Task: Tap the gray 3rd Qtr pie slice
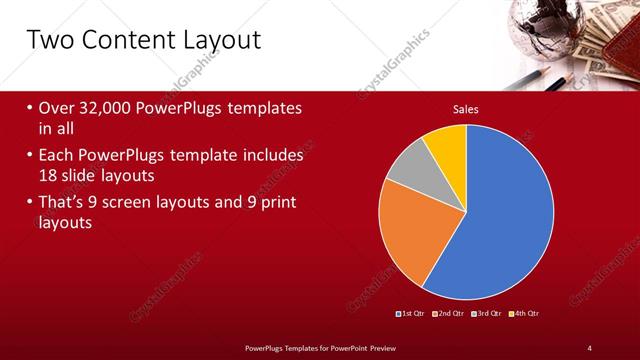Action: [x=409, y=173]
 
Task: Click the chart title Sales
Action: [x=465, y=108]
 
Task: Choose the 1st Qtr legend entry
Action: [x=411, y=314]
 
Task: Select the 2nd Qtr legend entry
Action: [x=449, y=314]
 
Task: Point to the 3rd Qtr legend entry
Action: [x=487, y=314]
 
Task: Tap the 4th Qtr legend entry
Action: [x=525, y=314]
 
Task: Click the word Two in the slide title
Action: [x=47, y=41]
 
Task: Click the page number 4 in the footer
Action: [x=589, y=347]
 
